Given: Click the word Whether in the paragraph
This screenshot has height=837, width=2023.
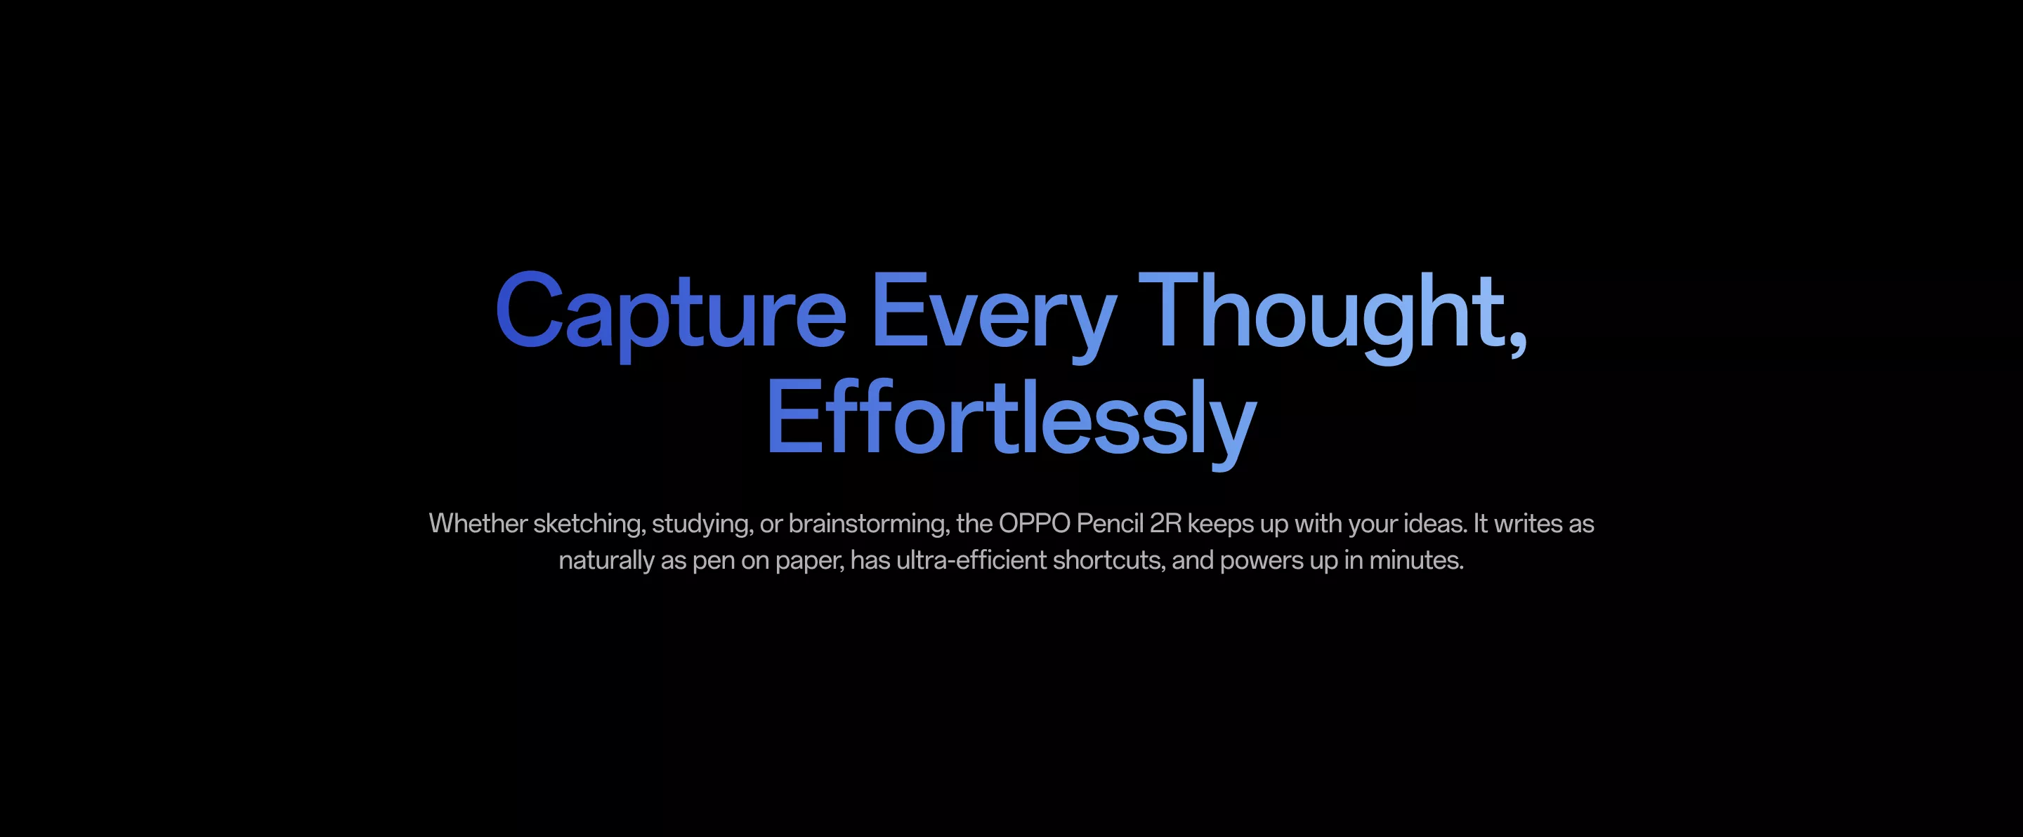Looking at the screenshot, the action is pyautogui.click(x=478, y=524).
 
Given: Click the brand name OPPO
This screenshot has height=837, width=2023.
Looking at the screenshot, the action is pyautogui.click(x=1034, y=524).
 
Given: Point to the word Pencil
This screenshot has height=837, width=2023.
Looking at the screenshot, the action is pyautogui.click(x=1110, y=524).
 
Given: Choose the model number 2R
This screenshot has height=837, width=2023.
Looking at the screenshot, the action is pyautogui.click(x=1165, y=524).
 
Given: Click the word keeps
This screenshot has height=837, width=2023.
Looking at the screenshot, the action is pyautogui.click(x=1220, y=525).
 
